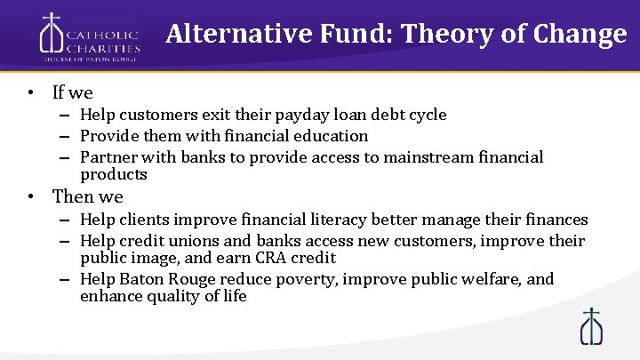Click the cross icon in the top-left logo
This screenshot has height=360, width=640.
pyautogui.click(x=52, y=35)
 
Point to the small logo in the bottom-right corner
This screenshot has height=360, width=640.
pyautogui.click(x=590, y=326)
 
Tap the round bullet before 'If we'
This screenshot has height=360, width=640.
pyautogui.click(x=30, y=92)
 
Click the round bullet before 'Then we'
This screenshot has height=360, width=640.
pyautogui.click(x=30, y=196)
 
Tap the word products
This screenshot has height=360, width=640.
pyautogui.click(x=113, y=174)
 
